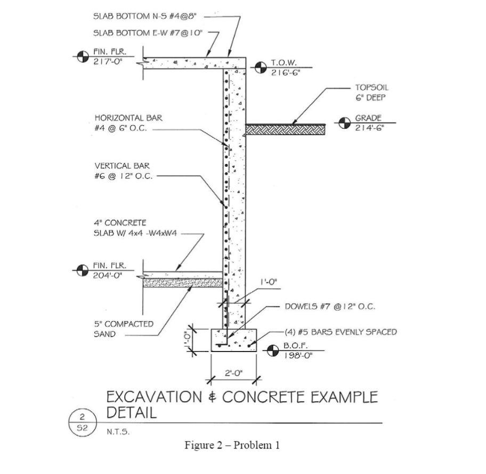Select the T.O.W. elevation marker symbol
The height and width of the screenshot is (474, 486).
coord(260,68)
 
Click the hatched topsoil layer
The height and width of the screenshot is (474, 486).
coord(285,129)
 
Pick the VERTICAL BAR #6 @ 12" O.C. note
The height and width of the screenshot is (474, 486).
coord(123,171)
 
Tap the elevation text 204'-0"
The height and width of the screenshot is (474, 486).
coord(104,275)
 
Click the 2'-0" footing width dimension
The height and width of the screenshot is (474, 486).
coord(234,373)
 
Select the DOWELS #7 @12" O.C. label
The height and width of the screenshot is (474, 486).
coord(323,307)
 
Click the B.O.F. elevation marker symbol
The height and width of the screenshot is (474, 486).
coord(273,350)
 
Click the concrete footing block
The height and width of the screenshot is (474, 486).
coord(234,339)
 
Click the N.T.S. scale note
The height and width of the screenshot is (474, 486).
coord(118,432)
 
